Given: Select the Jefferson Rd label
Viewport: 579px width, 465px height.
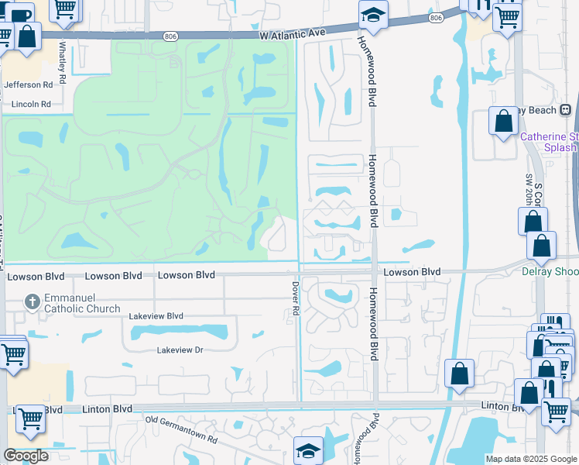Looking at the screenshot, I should point(29,85).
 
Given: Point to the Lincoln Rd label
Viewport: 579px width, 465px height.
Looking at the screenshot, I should point(31,104).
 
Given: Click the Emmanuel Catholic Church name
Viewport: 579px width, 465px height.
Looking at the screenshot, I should point(76,303).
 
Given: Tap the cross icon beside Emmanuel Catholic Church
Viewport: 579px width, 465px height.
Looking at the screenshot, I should point(32,301).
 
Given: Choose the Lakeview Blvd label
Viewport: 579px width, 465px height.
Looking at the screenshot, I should point(156,316).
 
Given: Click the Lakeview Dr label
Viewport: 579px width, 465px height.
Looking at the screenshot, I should point(180,350).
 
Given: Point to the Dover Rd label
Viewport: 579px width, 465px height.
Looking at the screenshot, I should point(296,298).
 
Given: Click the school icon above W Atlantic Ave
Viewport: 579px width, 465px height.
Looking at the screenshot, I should point(373,15).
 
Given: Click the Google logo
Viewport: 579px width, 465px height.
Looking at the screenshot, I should point(26,456).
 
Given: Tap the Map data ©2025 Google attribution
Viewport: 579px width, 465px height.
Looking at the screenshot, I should point(530,459).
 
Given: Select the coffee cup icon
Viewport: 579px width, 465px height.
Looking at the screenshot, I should point(21,13).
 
